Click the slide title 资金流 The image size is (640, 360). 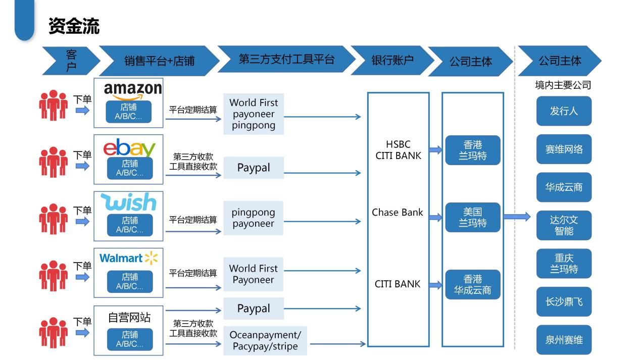coord(74,26)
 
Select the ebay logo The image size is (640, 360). coord(129,147)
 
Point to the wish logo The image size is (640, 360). coord(128,202)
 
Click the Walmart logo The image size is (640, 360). coord(128,258)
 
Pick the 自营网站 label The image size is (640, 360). coord(129,318)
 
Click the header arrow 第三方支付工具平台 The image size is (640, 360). coord(286,60)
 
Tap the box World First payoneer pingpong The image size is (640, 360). coord(254,114)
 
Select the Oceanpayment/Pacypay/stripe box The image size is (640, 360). coord(265,341)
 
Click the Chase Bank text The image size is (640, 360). coord(398,213)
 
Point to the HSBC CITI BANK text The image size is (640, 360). coord(398,150)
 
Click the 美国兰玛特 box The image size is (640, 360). coord(472,218)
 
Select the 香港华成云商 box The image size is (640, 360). coord(472,285)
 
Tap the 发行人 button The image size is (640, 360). coord(564,111)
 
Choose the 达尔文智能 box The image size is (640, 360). coord(564,225)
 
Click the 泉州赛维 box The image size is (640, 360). coord(564,340)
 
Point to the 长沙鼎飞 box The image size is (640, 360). coord(564,302)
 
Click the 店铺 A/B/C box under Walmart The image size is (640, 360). coord(129,282)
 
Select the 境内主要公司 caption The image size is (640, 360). coord(563,85)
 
